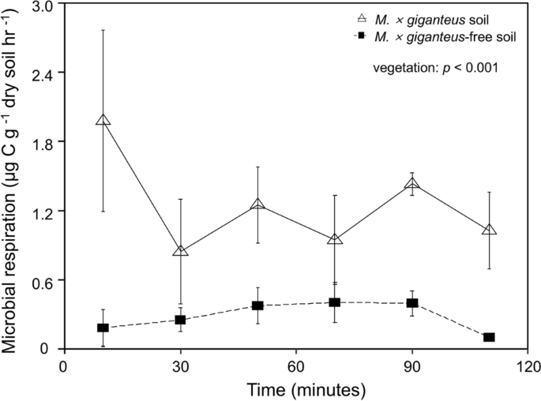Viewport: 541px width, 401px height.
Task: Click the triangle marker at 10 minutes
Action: pyautogui.click(x=103, y=120)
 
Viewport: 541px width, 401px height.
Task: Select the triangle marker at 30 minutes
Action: pyautogui.click(x=180, y=251)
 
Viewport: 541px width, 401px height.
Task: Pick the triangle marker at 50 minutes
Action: pyautogui.click(x=257, y=204)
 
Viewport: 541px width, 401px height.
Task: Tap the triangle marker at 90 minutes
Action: pyautogui.click(x=411, y=184)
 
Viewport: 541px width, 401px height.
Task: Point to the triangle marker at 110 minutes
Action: pyautogui.click(x=489, y=230)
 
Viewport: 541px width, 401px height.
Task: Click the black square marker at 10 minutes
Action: pyautogui.click(x=103, y=328)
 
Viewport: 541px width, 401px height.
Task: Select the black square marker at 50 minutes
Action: pyautogui.click(x=257, y=305)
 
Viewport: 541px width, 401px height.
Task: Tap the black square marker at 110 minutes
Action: pyautogui.click(x=489, y=337)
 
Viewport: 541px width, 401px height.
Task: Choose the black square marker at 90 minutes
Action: pyautogui.click(x=411, y=303)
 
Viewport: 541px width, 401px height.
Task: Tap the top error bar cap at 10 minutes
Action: pyautogui.click(x=103, y=30)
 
